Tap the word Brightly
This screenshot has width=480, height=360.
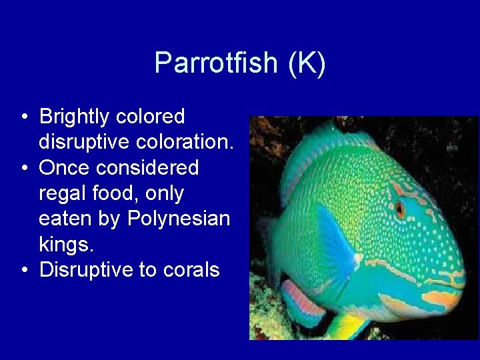coord(74,117)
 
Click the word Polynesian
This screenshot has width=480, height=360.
coord(178,219)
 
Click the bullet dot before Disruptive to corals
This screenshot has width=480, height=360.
coord(24,270)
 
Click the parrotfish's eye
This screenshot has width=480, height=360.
coord(400,209)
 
